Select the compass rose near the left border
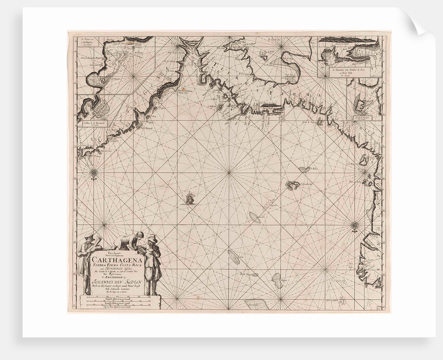(x=94, y=173)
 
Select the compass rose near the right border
(x=354, y=225)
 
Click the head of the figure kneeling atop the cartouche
(x=139, y=235)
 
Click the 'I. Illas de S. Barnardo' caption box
(x=94, y=124)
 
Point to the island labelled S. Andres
(x=303, y=170)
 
